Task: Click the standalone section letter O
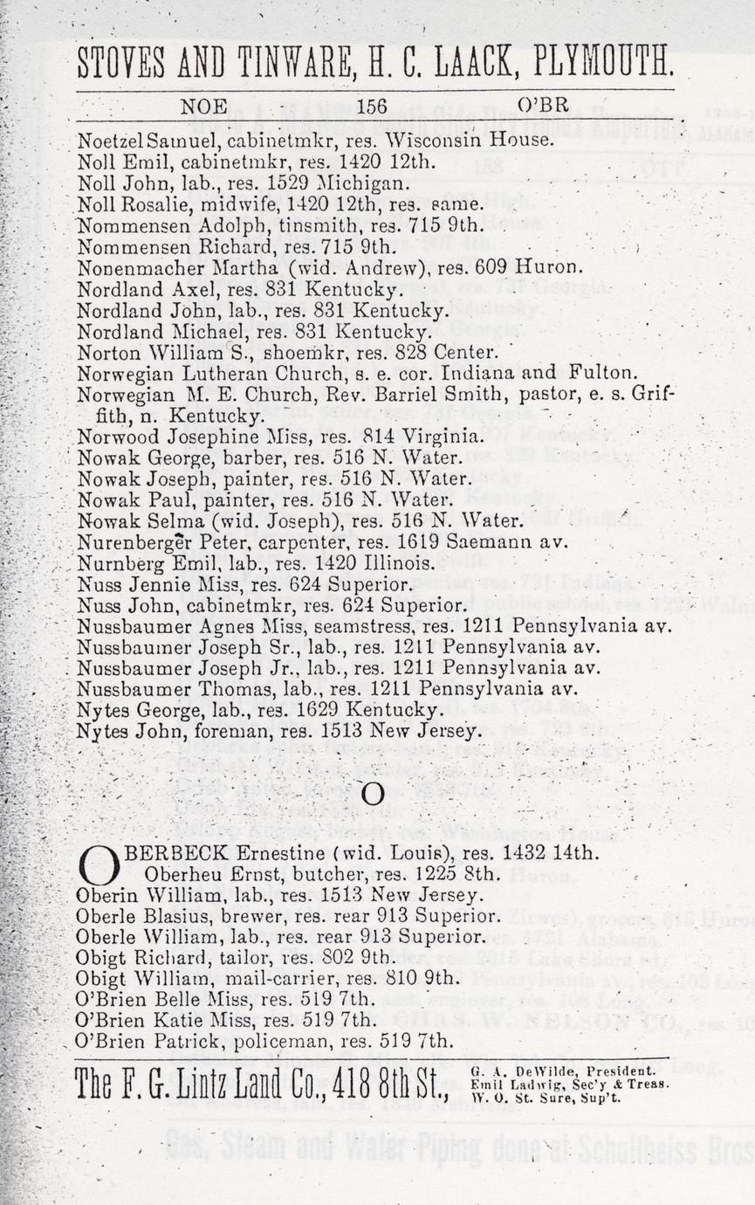coord(373,794)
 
